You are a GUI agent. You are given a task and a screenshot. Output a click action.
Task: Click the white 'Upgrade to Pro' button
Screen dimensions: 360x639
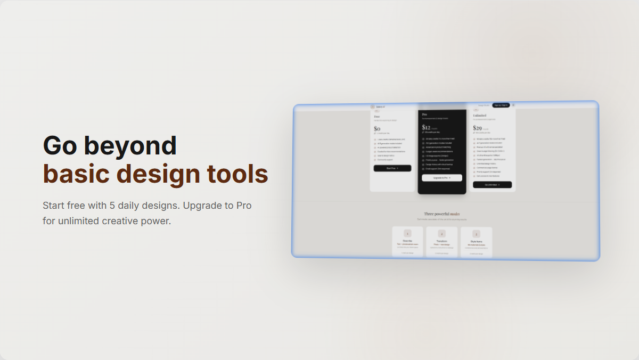[x=442, y=178]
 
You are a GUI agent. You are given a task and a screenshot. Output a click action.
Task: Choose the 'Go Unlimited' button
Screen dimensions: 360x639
[x=492, y=185]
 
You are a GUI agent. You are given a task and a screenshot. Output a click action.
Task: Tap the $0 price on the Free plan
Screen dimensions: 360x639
[x=377, y=129]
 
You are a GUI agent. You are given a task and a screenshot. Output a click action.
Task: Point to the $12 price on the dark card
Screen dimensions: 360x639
[x=426, y=127]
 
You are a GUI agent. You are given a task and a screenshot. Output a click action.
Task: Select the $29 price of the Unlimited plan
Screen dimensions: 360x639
[x=477, y=128]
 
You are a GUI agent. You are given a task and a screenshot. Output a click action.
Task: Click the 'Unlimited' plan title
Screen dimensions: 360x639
[x=479, y=115]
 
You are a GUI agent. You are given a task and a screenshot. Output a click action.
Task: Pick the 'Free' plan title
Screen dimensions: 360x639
[x=377, y=117]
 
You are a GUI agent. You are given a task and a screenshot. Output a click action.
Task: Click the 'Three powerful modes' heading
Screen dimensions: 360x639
[x=442, y=214]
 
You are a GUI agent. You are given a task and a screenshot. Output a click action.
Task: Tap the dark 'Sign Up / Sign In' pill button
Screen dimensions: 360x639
[x=501, y=105]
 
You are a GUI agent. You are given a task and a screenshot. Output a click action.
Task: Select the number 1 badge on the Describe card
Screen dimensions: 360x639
[x=407, y=233]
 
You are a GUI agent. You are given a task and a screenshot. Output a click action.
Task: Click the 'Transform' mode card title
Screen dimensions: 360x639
[x=441, y=241]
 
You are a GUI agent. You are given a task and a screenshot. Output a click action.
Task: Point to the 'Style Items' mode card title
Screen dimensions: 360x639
[x=476, y=242]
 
